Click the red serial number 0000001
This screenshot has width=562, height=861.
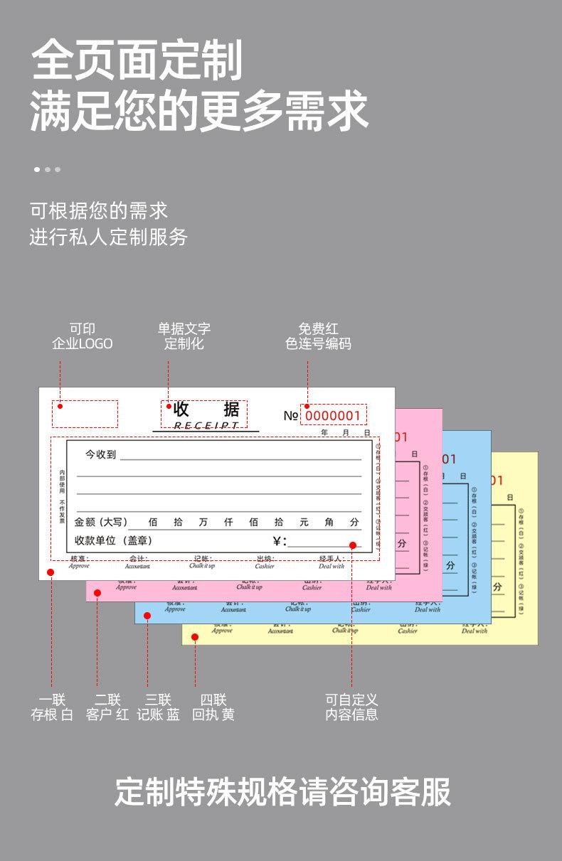pos(333,416)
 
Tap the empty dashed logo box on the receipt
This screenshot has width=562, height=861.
pos(85,414)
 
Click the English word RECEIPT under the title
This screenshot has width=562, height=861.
pos(206,425)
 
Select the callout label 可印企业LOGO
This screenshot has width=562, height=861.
pos(82,336)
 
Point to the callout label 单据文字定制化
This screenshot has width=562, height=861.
pos(184,336)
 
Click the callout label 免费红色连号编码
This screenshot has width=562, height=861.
pos(318,336)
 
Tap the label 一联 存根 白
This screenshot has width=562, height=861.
pos(52,707)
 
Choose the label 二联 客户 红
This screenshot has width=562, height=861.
pos(107,707)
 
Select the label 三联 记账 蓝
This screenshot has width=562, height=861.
pos(158,707)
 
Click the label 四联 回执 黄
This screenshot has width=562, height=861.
pos(213,707)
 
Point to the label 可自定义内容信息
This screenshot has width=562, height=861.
pos(351,707)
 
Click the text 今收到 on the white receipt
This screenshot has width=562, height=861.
pos(100,454)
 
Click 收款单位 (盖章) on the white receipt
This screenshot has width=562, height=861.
pos(113,540)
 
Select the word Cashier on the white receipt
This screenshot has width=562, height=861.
pos(265,566)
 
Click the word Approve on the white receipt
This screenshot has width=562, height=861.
pos(79,566)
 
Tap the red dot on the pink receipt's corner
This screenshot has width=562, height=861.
pos(97,593)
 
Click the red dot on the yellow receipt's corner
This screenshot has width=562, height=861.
pos(195,637)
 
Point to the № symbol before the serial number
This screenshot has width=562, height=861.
pos(290,416)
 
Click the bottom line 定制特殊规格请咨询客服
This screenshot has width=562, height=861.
pos(282,792)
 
